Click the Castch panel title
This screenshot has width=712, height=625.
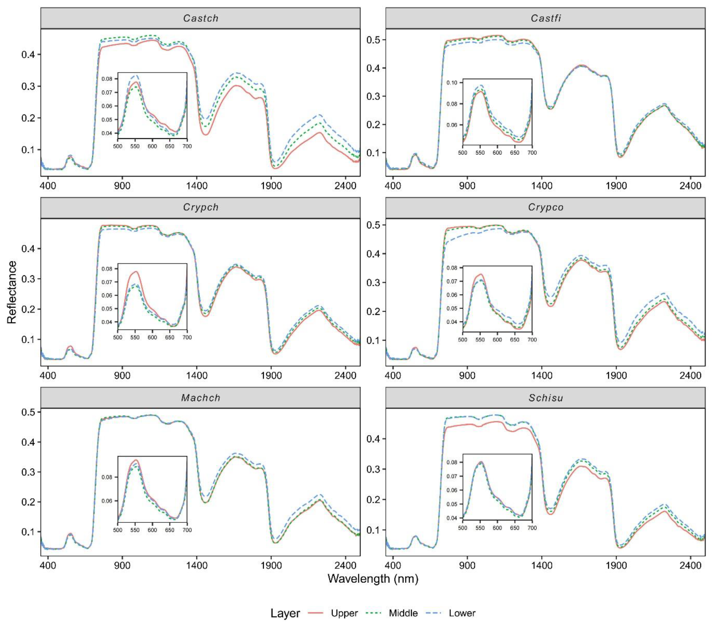(x=201, y=18)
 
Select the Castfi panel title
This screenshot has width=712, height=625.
(x=546, y=18)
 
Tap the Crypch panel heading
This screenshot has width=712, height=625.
(x=201, y=207)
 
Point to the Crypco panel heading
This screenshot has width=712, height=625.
(x=546, y=207)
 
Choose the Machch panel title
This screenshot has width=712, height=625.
(x=201, y=398)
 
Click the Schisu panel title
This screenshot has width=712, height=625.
(x=546, y=398)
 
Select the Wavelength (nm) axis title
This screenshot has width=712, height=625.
(x=373, y=579)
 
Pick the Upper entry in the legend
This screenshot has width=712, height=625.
(x=344, y=613)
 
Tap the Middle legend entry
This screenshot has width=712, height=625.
(x=403, y=613)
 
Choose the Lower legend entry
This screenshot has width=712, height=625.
(x=462, y=613)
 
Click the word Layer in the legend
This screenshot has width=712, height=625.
(x=285, y=613)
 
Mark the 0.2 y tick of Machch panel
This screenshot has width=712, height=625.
(x=29, y=502)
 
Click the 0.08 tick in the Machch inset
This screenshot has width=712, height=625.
(x=107, y=477)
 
